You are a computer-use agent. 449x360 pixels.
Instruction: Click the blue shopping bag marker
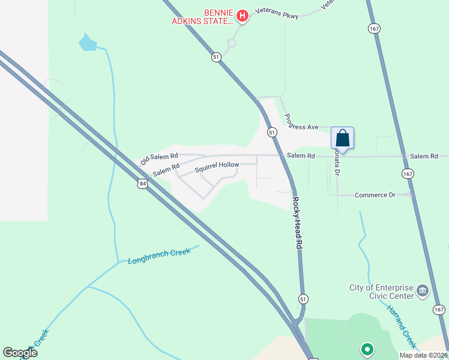pos(342,138)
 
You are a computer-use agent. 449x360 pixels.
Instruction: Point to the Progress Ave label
pos(301,122)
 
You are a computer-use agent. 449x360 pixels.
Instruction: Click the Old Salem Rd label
pos(159,158)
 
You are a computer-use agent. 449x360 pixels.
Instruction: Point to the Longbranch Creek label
pos(159,256)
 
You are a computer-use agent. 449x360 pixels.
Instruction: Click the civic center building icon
pos(423,291)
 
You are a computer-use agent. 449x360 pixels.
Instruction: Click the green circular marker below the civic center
pos(367,348)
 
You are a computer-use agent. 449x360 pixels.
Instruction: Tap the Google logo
pos(20,353)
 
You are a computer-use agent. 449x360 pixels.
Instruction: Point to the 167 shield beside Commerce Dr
pos(408,173)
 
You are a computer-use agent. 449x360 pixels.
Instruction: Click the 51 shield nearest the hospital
pos(217,56)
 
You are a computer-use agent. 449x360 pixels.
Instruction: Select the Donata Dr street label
pos(337,162)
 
